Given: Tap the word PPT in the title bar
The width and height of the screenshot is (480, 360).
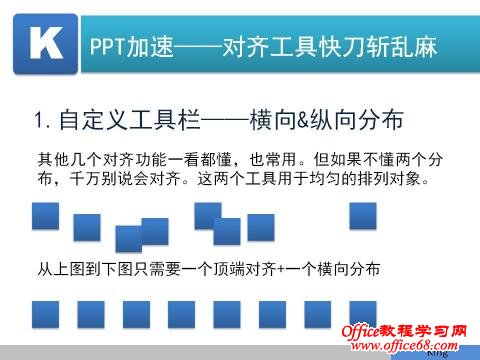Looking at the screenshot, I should tap(107, 45).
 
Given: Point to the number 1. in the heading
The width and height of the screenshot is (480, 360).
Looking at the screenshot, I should tap(42, 122).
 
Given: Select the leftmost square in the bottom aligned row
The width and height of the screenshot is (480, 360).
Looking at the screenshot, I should tap(46, 314).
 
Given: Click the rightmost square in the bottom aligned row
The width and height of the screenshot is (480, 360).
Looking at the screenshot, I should tap(361, 314).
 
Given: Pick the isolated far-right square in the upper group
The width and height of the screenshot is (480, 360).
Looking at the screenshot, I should tap(361, 216).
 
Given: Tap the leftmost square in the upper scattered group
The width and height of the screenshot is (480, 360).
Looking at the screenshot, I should tap(46, 216).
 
